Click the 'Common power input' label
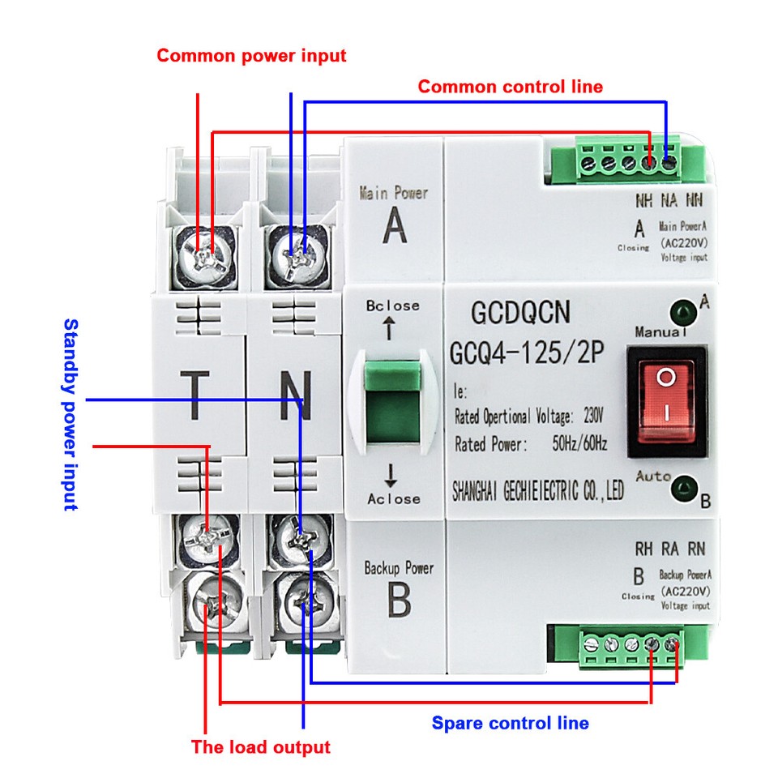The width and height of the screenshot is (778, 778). (251, 56)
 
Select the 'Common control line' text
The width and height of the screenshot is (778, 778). (510, 87)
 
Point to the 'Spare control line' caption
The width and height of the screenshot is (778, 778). (510, 723)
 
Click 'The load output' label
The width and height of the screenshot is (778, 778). (261, 747)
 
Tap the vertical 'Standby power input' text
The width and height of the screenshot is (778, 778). (71, 414)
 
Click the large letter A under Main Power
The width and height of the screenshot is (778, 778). (395, 228)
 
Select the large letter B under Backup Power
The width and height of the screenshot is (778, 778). (398, 601)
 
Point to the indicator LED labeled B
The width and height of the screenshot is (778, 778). (686, 488)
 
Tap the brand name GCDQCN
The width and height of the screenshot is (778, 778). (521, 313)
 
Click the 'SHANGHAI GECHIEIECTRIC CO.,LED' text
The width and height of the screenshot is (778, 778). (537, 491)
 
